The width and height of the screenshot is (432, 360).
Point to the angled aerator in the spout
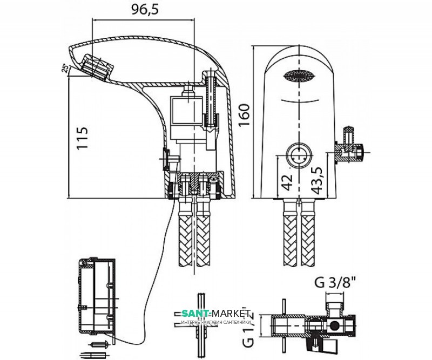coord(97,67)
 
